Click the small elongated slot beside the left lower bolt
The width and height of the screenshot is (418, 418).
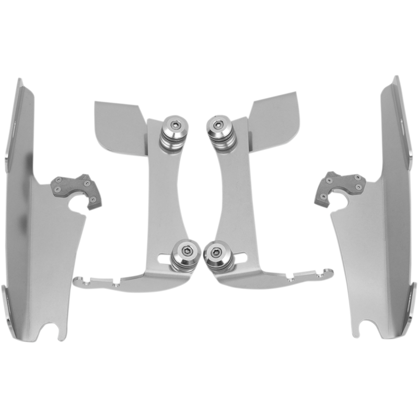[162, 258]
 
